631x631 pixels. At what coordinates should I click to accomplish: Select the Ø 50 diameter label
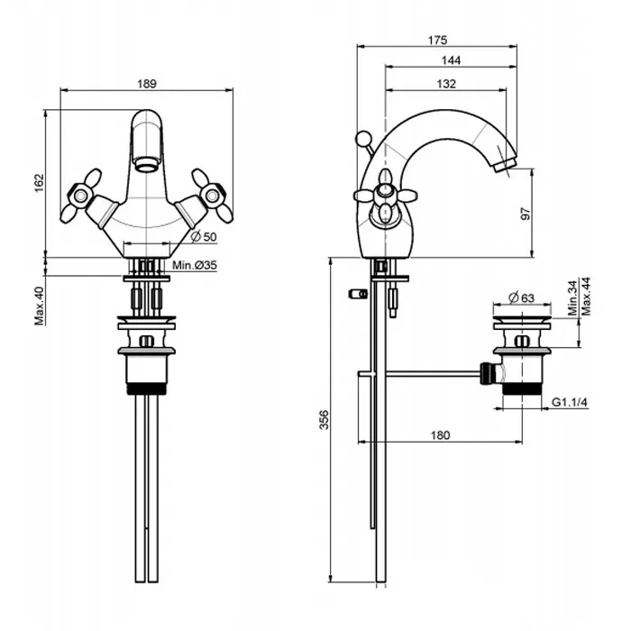[x=205, y=237]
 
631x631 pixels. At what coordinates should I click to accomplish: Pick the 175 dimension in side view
[x=438, y=40]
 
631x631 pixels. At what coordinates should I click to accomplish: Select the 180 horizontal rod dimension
[x=440, y=435]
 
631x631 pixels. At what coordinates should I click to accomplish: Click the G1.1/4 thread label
[x=571, y=402]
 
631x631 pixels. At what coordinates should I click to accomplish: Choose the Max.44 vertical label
[x=587, y=297]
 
